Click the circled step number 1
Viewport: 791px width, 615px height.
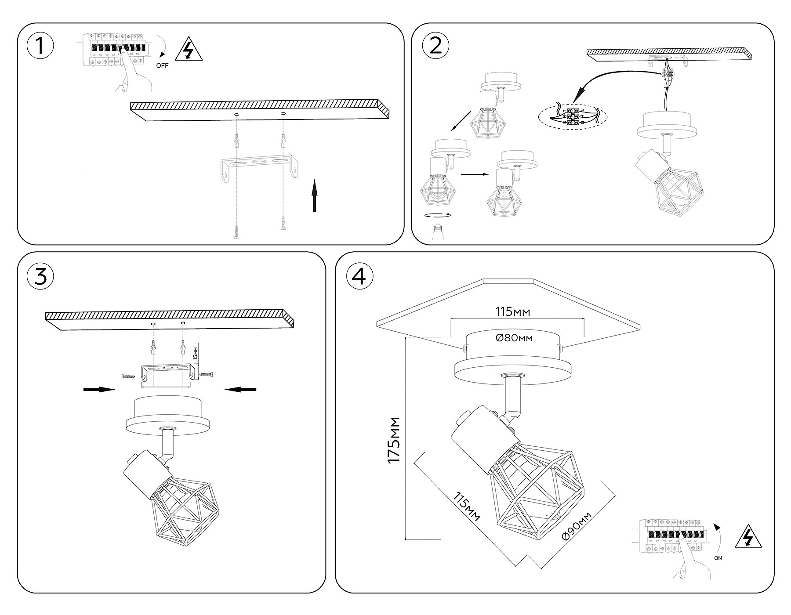tap(40, 46)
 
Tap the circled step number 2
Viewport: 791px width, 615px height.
tap(435, 46)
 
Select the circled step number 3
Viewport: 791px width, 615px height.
tap(40, 276)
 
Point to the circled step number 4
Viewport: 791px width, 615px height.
tap(359, 276)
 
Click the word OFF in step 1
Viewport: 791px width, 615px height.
tap(162, 66)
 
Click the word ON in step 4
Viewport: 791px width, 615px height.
tap(718, 558)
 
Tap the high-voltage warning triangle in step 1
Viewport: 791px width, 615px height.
tap(189, 50)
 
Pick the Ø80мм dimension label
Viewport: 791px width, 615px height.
tap(513, 338)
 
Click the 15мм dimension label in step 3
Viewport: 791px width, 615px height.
tap(196, 352)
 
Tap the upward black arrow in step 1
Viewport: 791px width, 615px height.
tap(314, 195)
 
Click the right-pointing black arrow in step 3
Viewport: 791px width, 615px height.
tap(99, 389)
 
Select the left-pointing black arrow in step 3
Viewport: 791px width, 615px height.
tap(240, 389)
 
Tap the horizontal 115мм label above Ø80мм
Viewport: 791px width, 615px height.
tap(513, 312)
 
